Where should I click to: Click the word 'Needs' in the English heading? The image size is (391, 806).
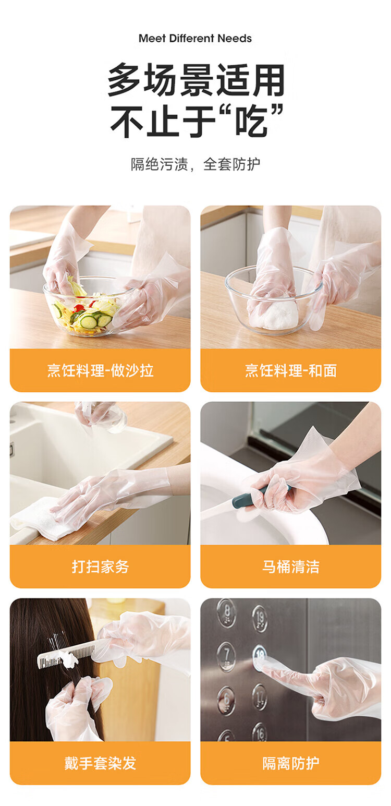point(235,38)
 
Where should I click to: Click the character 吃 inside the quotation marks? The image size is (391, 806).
point(251,121)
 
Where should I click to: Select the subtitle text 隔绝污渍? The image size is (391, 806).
point(160,164)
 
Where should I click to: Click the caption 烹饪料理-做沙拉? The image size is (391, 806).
point(101,370)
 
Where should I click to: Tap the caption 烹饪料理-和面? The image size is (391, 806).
point(290,370)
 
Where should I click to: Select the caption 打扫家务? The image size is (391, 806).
point(101,567)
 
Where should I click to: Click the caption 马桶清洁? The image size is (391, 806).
point(290,567)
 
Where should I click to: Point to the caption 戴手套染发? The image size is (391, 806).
point(101,763)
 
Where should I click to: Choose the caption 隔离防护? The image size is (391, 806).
point(290,763)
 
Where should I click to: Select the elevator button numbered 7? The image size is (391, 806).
point(226,656)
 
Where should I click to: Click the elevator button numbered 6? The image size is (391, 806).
point(227,701)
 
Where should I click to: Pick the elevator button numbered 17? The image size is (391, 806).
point(260,697)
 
